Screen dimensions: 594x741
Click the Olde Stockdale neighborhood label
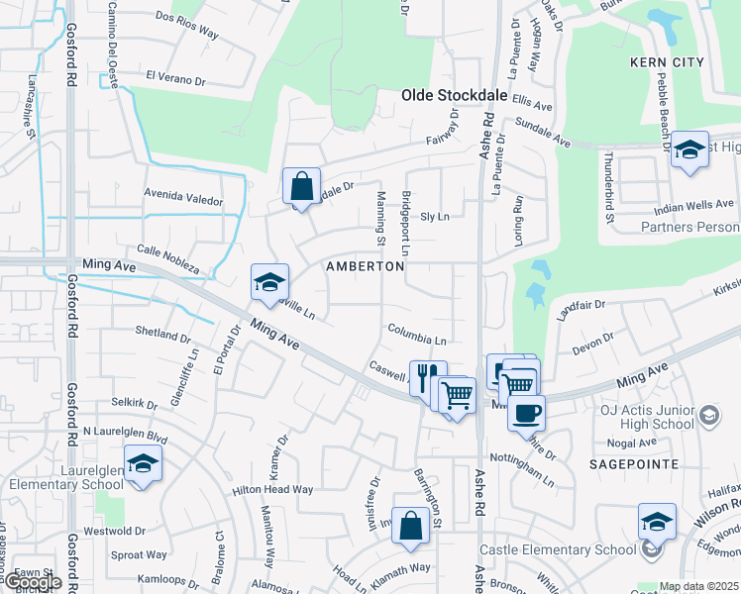455,95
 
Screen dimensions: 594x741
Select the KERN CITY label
667,62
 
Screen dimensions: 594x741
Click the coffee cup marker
526,411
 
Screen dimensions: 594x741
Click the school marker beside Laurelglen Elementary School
144,463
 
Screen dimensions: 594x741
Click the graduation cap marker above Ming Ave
269,283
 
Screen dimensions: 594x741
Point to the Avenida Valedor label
183,199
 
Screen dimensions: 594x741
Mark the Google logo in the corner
32,582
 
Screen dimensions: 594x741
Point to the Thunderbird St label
611,187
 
